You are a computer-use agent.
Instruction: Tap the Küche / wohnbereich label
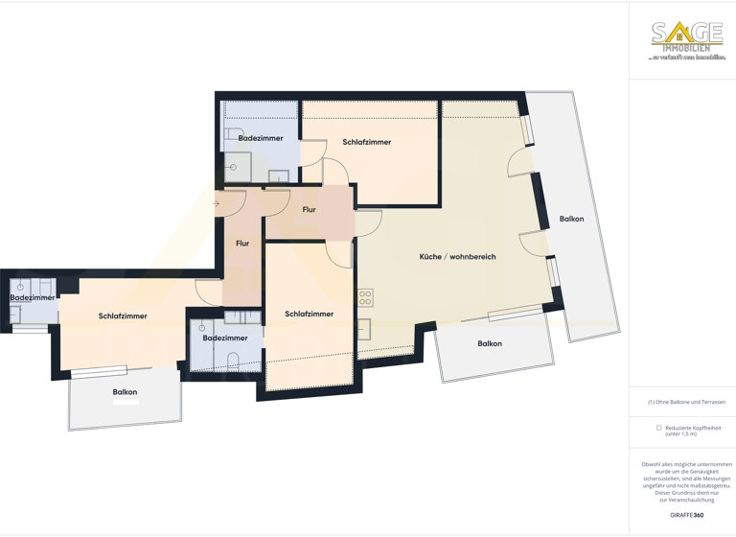pyautogui.click(x=457, y=257)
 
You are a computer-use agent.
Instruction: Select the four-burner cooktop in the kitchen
pyautogui.click(x=365, y=297)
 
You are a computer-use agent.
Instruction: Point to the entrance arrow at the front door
pyautogui.click(x=217, y=203)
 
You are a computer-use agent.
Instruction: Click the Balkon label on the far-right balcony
pyautogui.click(x=571, y=220)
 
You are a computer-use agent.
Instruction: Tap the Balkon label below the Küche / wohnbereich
pyautogui.click(x=489, y=343)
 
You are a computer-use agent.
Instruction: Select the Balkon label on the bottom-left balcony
pyautogui.click(x=125, y=392)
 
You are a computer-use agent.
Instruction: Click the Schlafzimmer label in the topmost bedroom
pyautogui.click(x=366, y=142)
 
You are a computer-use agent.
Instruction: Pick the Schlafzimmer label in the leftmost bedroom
pyautogui.click(x=123, y=315)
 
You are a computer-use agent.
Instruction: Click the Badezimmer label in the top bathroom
pyautogui.click(x=261, y=138)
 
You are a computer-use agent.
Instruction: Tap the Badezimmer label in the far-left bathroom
pyautogui.click(x=32, y=297)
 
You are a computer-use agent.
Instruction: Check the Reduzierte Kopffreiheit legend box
pyautogui.click(x=659, y=428)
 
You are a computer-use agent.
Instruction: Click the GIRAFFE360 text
pyautogui.click(x=686, y=516)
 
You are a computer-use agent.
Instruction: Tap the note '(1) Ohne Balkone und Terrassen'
pyautogui.click(x=686, y=402)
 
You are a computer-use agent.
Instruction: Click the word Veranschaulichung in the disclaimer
pyautogui.click(x=686, y=500)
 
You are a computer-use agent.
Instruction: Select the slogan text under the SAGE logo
pyautogui.click(x=687, y=58)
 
